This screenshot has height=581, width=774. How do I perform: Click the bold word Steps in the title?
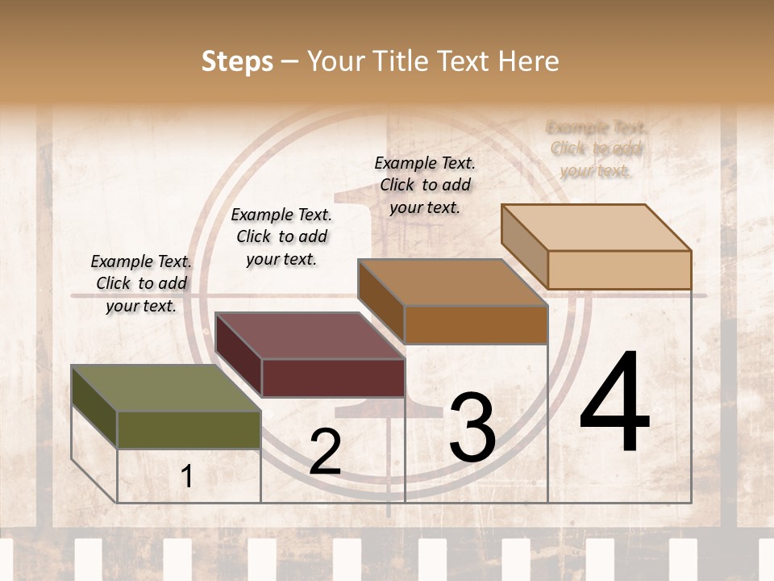coord(236,61)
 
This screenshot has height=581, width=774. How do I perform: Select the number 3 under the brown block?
coord(472,428)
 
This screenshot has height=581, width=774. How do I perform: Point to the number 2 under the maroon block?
coord(325,452)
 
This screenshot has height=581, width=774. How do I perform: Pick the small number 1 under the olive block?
coord(187,476)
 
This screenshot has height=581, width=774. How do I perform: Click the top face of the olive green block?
coord(165,388)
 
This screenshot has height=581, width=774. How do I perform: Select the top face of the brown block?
coord(452,282)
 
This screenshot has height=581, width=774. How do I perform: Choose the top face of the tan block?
coord(596,228)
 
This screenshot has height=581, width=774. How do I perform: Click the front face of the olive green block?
coord(189,429)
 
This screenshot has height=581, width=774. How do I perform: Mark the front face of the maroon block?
coord(332,378)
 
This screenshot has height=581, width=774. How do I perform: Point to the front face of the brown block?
coord(476,324)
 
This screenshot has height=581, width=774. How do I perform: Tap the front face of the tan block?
coord(619,270)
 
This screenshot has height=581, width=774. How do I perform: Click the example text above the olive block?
coord(141,284)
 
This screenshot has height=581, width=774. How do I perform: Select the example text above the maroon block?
coord(281,236)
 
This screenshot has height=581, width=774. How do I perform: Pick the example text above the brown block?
coord(425,185)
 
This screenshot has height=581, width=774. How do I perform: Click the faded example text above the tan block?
coord(596,148)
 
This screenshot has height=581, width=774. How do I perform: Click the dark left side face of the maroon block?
coord(239,355)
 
